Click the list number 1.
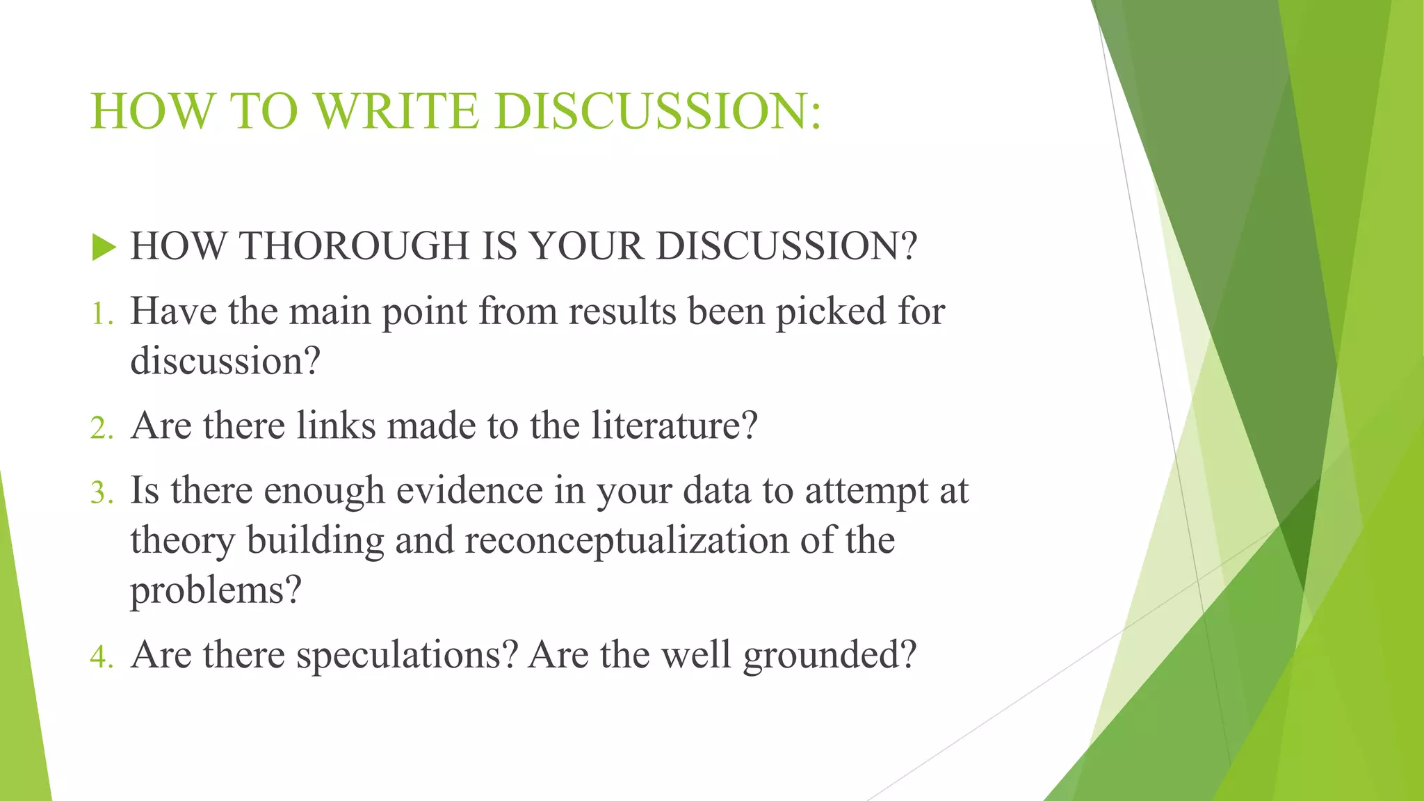(102, 314)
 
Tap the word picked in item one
(830, 312)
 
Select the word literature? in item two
(674, 426)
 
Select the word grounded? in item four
(830, 656)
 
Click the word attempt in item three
(866, 492)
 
